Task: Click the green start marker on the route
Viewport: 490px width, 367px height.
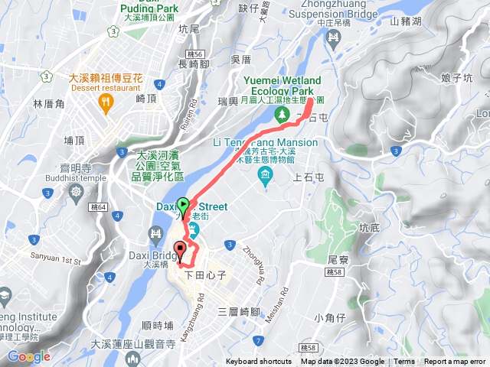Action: click(184, 205)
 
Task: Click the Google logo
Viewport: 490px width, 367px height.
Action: click(28, 356)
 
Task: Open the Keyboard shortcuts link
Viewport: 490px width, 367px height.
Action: click(258, 362)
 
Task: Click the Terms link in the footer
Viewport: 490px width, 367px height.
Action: click(404, 362)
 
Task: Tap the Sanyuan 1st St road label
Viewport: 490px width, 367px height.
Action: click(55, 260)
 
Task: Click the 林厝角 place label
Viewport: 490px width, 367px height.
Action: click(47, 103)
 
